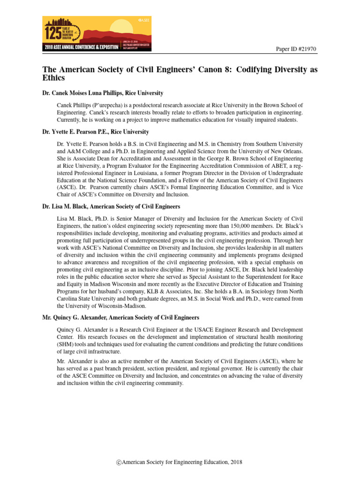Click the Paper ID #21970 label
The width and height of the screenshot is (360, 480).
(296, 48)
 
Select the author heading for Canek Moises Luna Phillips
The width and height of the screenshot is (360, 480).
(103, 94)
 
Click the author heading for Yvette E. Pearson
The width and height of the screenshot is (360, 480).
(96, 132)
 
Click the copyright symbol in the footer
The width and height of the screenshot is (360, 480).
(120, 463)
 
